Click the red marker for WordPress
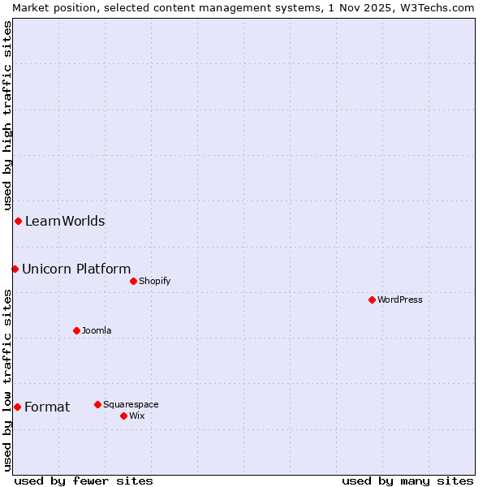372,300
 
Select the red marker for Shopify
133,281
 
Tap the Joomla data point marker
76,330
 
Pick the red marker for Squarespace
97,404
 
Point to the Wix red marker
123,416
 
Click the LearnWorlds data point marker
18,221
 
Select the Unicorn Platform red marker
15,269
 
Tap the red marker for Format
17,407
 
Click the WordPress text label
400,300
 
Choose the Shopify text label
154,281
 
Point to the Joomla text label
97,330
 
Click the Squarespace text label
131,404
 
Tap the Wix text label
137,416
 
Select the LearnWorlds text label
65,221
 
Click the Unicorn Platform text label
76,269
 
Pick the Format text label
47,407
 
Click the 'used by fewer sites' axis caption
84,481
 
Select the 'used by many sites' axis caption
407,481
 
